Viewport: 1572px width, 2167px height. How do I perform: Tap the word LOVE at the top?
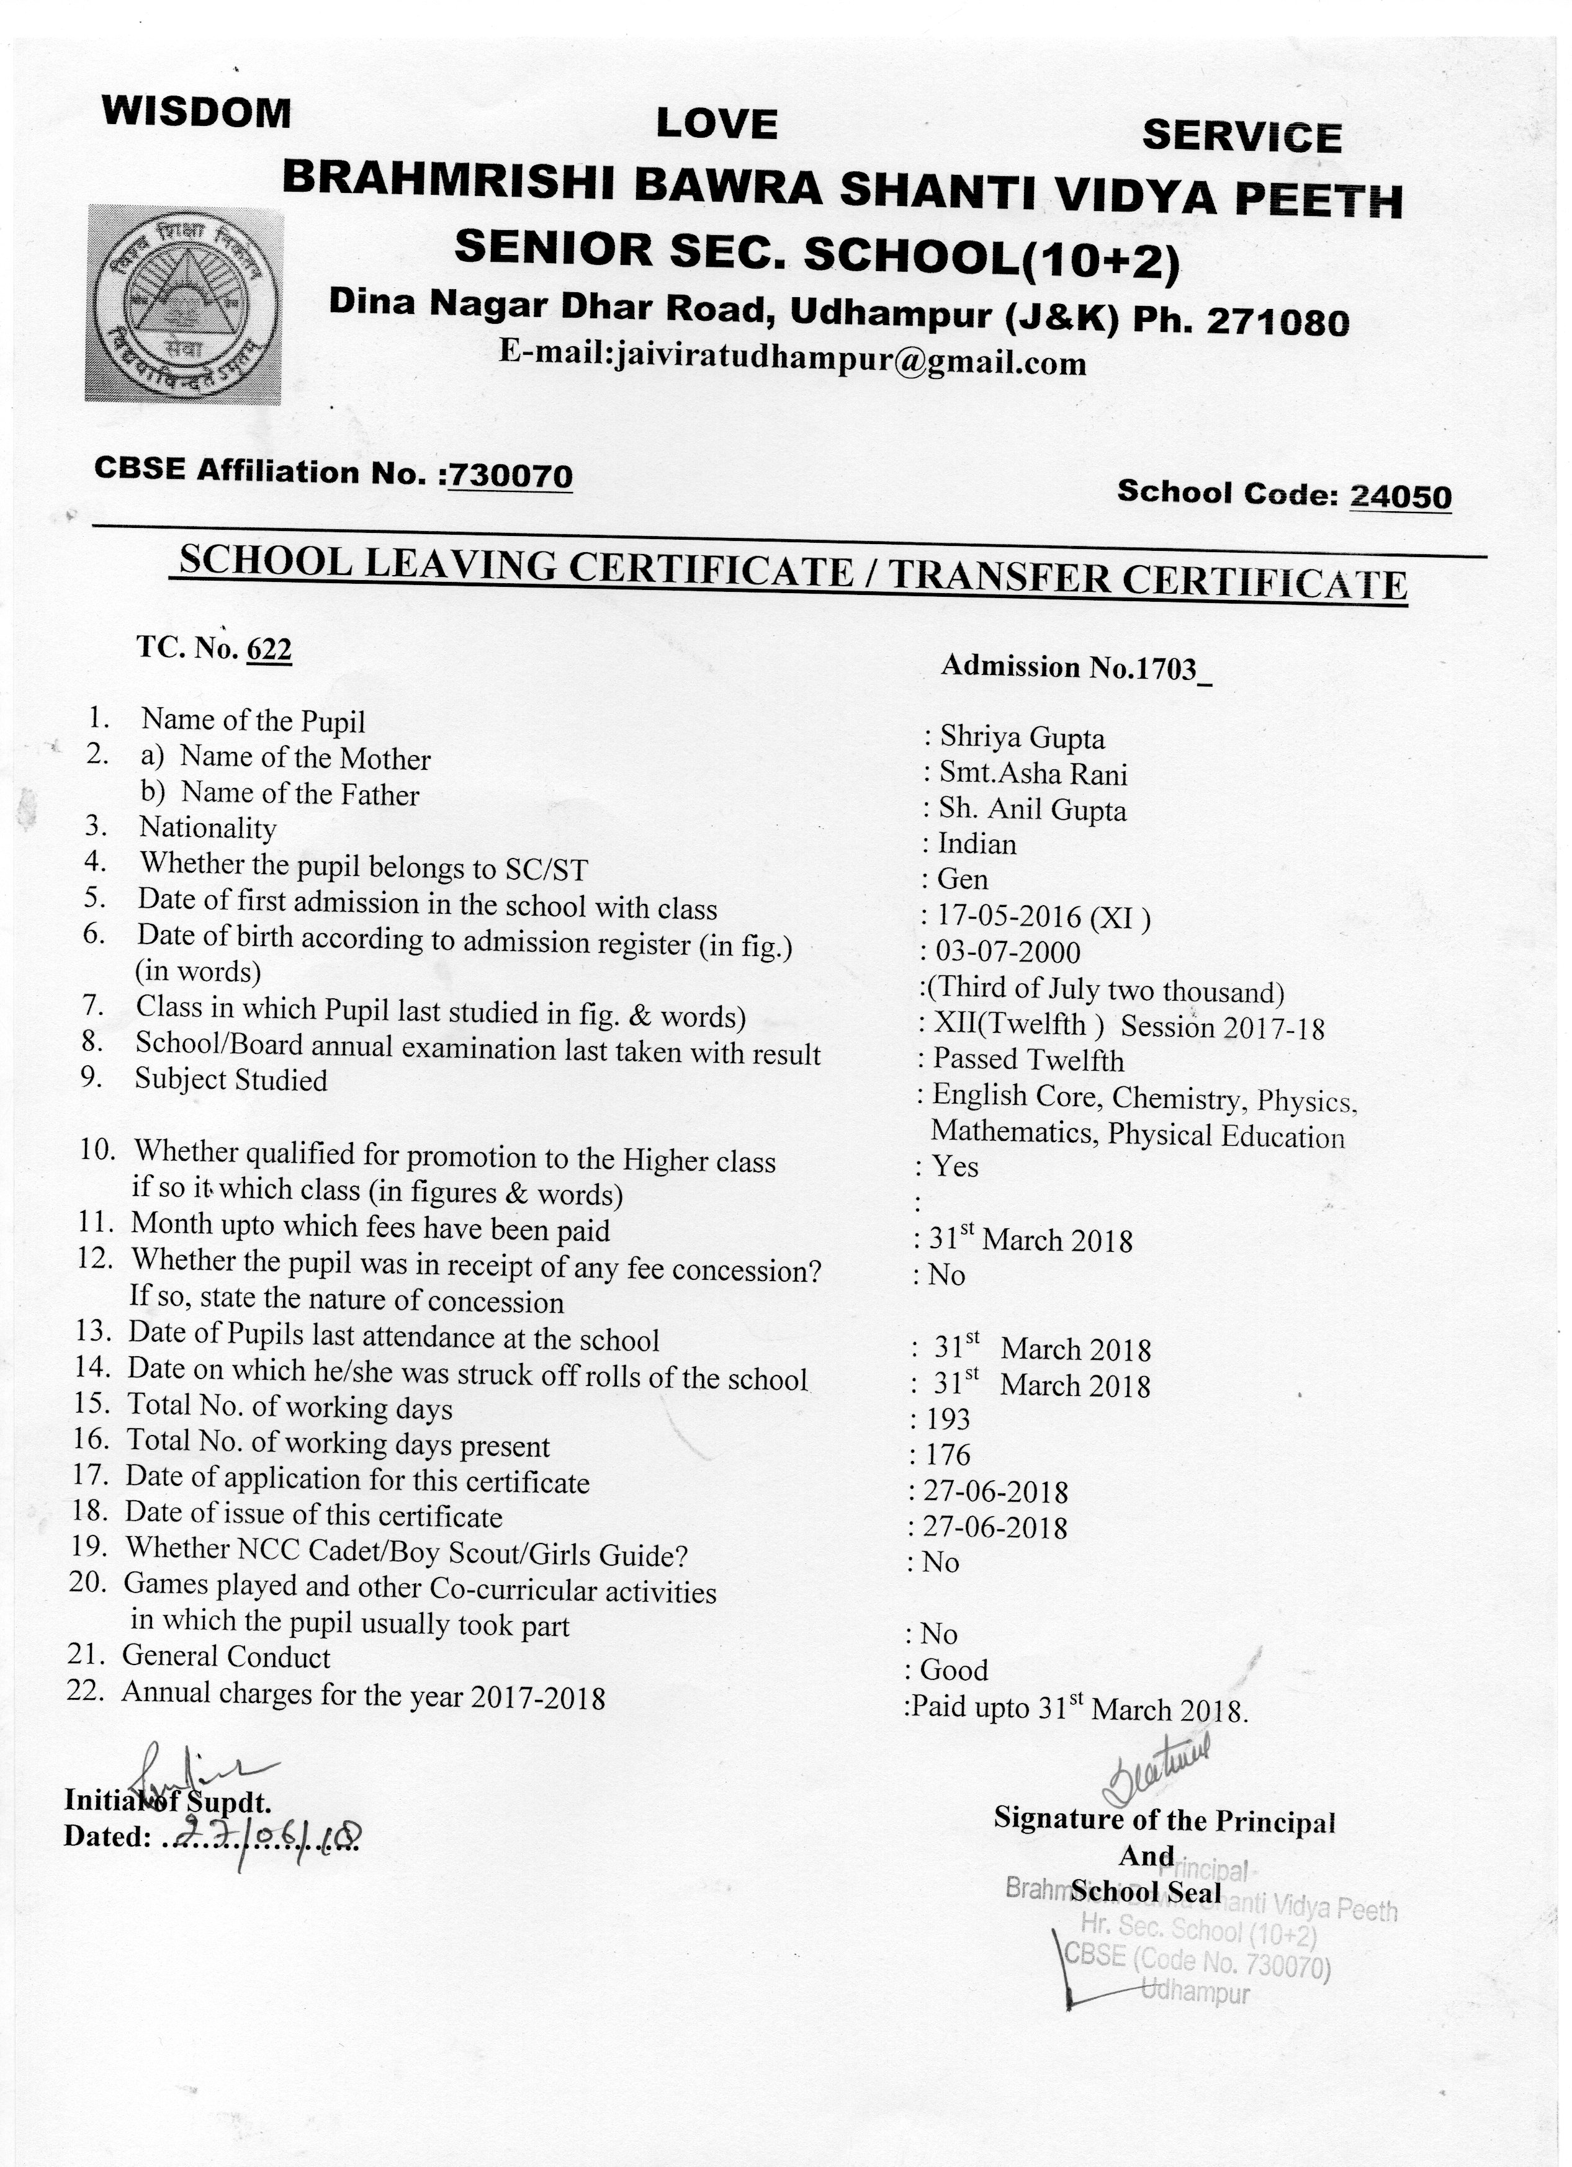tap(717, 124)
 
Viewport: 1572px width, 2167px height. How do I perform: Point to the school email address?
tap(793, 361)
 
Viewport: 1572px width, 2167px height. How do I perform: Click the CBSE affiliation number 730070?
tap(510, 475)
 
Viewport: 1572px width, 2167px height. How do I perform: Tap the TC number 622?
tap(269, 650)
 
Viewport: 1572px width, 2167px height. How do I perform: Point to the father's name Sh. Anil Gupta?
tap(1032, 810)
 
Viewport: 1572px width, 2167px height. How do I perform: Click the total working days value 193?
tap(947, 1420)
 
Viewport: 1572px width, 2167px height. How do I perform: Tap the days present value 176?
tap(947, 1455)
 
